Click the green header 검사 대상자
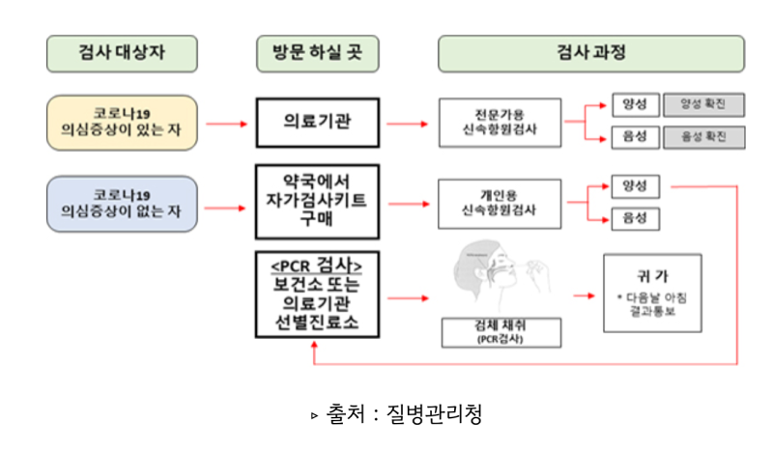(x=122, y=54)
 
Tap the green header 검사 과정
(x=591, y=54)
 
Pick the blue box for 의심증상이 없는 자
(x=122, y=205)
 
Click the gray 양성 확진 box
(x=703, y=104)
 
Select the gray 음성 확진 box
(x=703, y=137)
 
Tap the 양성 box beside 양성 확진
(x=635, y=104)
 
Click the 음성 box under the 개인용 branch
(x=635, y=219)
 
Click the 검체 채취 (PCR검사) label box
(x=494, y=332)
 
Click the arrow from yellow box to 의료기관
(x=226, y=124)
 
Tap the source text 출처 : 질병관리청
(x=395, y=415)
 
